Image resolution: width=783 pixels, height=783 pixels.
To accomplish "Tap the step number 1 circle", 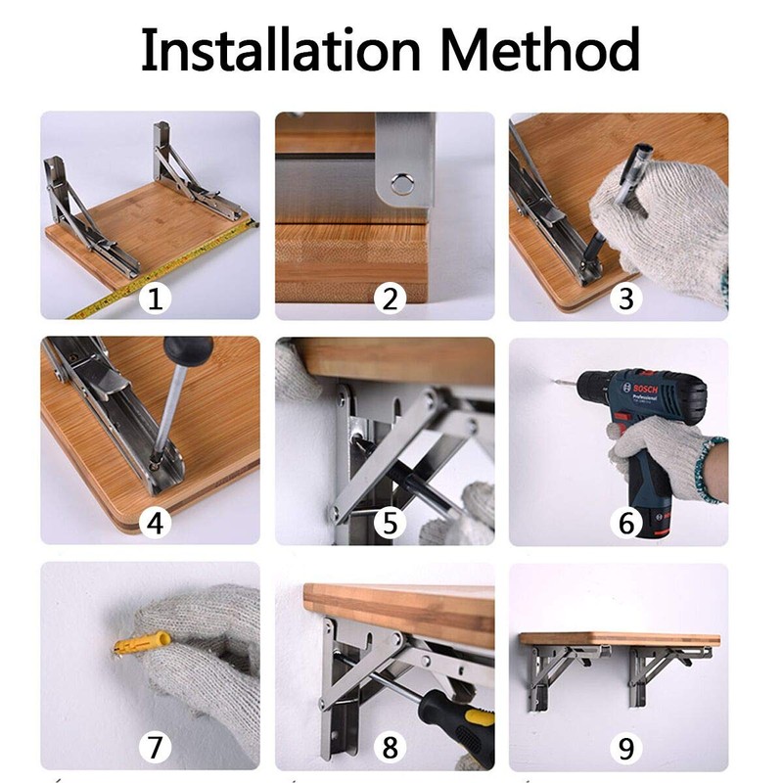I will pyautogui.click(x=155, y=298).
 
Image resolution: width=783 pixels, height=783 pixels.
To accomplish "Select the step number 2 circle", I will pyautogui.click(x=390, y=298).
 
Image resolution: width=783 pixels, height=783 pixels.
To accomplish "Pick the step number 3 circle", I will pyautogui.click(x=626, y=298).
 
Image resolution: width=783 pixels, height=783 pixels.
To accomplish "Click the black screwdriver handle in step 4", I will pyautogui.click(x=186, y=350).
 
